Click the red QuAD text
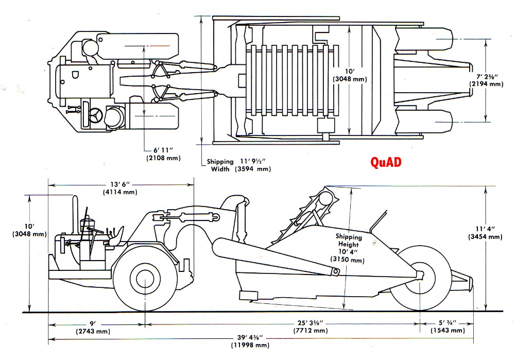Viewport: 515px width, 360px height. click(x=386, y=162)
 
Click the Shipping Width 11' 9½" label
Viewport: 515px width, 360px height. click(x=238, y=165)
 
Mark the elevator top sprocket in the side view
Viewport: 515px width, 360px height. click(x=324, y=198)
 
